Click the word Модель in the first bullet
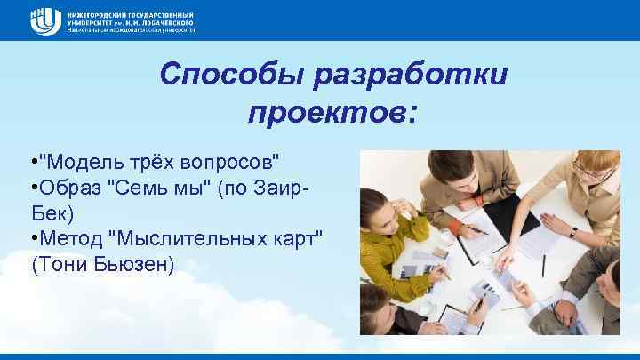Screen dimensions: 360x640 [x=76, y=163]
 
